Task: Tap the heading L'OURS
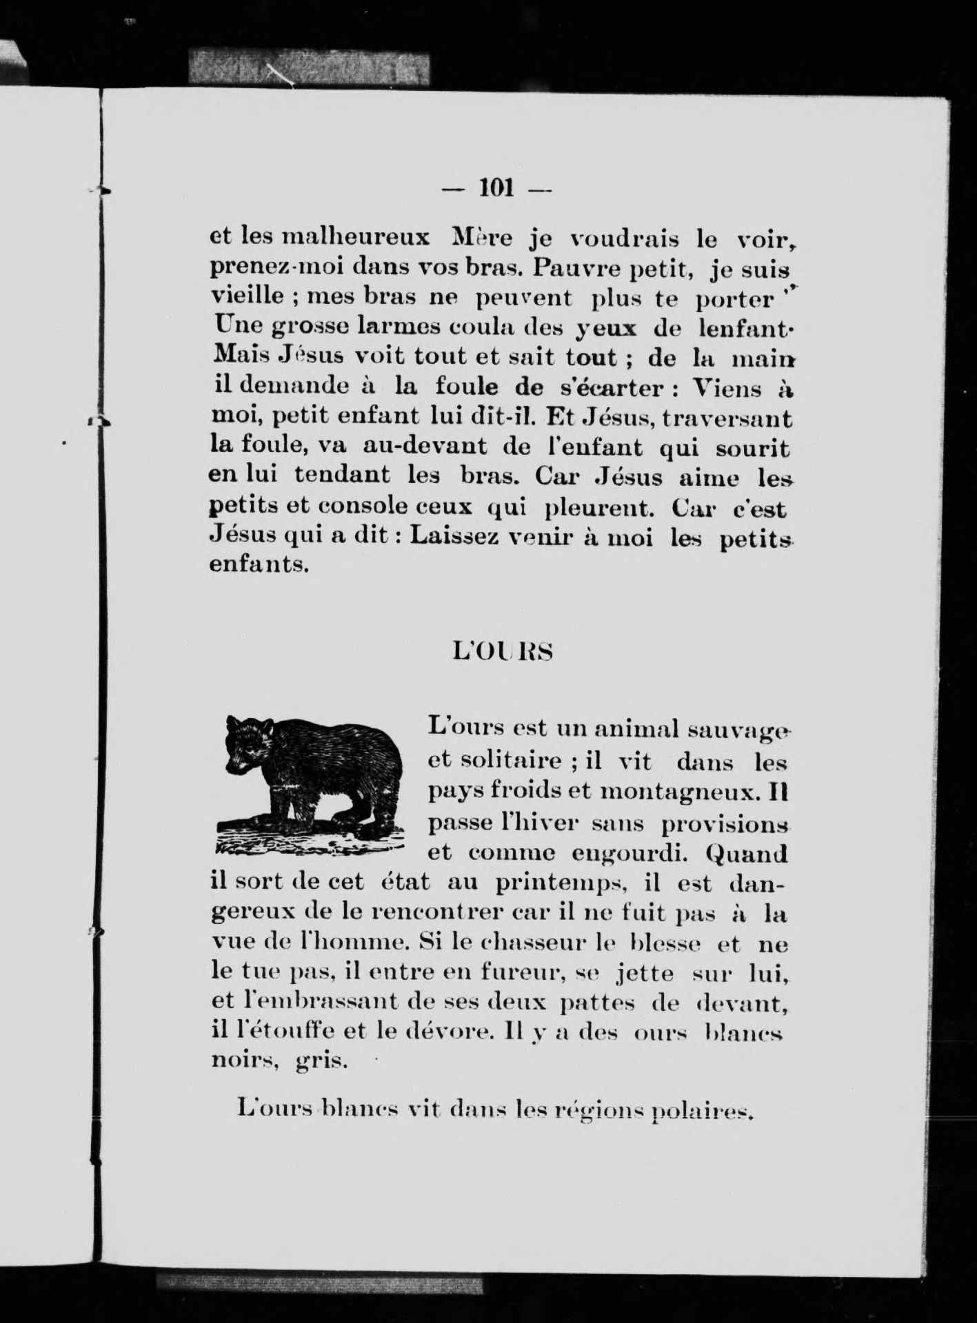tap(502, 652)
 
